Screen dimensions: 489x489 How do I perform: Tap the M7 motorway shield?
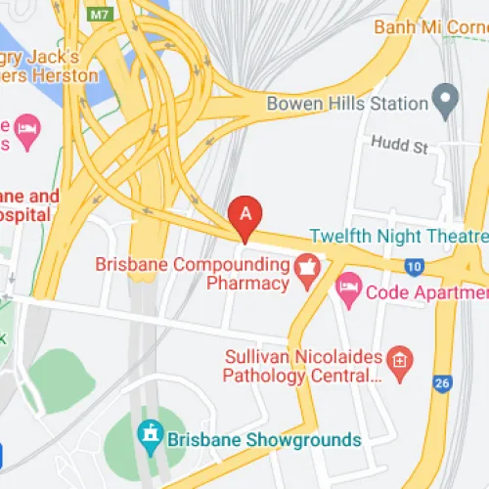point(99,14)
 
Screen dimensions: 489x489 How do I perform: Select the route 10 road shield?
point(415,265)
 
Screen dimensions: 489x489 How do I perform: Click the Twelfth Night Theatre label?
point(398,236)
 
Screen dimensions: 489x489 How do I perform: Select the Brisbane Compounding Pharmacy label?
point(192,274)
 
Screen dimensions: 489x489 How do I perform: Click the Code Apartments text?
point(426,291)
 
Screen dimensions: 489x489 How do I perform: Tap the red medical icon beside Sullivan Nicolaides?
point(398,362)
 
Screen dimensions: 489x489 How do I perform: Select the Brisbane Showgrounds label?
point(264,439)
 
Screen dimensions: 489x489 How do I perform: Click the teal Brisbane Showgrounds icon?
point(150,432)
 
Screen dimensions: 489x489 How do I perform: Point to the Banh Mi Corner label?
point(430,27)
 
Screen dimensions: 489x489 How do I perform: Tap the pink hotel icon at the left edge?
point(27,126)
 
